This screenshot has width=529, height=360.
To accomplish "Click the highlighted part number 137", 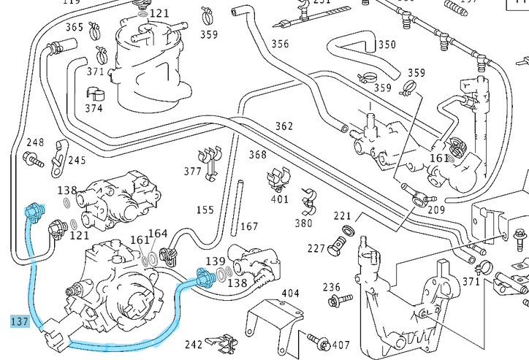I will [20, 321].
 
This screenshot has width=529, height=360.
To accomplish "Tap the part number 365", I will [75, 27].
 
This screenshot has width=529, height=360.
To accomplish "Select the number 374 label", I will [94, 108].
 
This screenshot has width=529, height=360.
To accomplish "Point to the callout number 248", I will [35, 142].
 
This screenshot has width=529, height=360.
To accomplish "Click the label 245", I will [77, 160].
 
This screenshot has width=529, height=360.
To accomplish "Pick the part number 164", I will [158, 234].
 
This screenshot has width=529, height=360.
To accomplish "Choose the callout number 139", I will [215, 261].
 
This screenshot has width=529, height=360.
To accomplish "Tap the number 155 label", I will [205, 210].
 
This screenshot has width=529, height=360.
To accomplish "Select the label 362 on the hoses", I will [284, 126].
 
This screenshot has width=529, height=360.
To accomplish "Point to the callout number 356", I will [280, 44].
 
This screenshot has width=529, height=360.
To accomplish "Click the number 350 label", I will [387, 45].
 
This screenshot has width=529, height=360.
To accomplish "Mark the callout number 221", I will [343, 216].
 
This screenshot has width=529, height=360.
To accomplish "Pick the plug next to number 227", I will [339, 246].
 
